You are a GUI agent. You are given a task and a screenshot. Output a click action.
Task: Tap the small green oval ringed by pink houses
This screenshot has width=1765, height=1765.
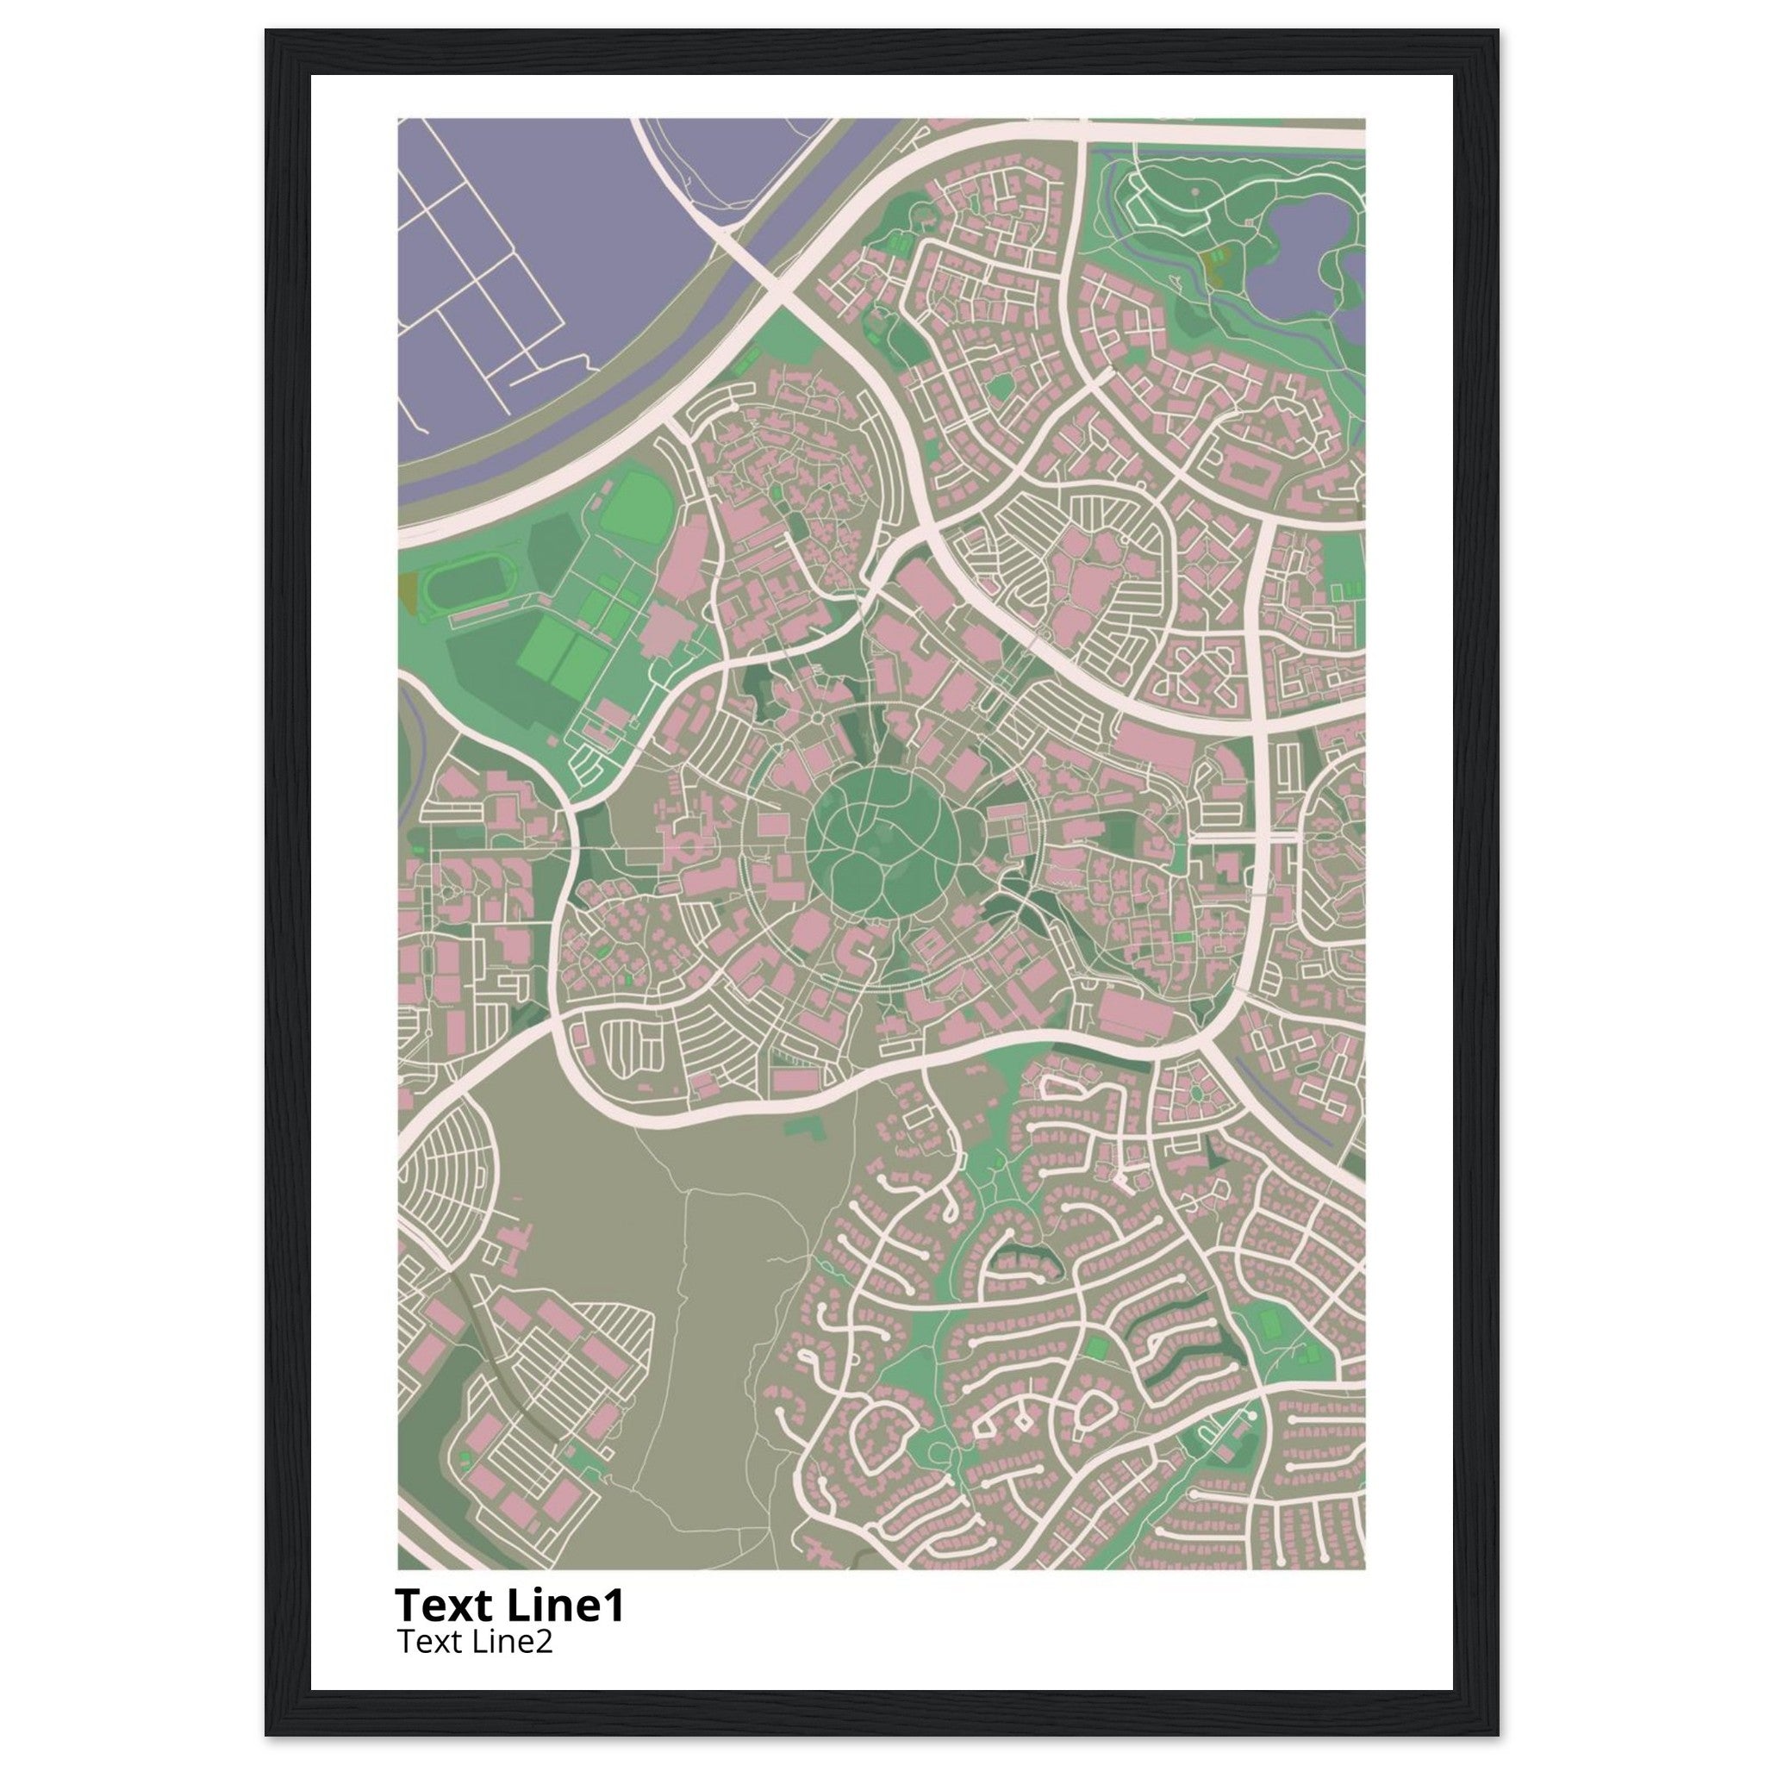(x=1196, y=1092)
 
